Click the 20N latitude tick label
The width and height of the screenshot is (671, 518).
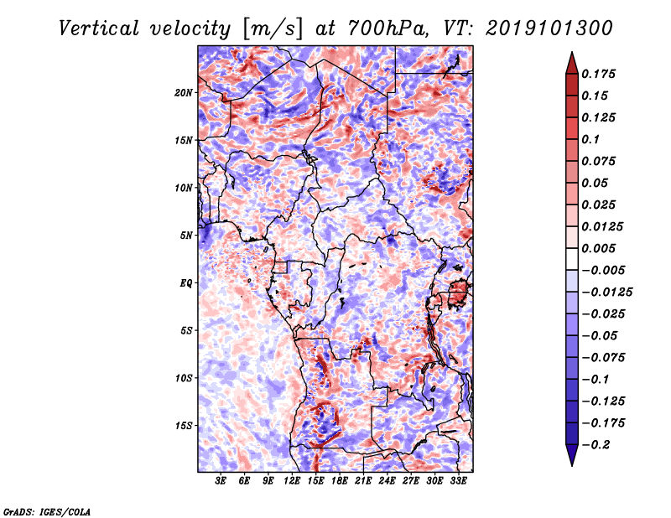184,93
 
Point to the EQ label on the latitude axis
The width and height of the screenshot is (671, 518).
186,283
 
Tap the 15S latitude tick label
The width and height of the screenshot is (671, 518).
184,426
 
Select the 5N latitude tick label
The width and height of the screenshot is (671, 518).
186,236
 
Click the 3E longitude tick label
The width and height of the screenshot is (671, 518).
221,481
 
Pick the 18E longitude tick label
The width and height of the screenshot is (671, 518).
339,481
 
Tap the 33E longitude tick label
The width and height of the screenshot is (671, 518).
458,481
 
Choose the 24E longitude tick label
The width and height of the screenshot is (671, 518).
387,481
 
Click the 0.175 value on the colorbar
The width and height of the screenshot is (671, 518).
598,74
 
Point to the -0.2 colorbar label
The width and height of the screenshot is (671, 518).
596,445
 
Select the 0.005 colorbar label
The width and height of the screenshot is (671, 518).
598,248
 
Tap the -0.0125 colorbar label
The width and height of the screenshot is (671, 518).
606,293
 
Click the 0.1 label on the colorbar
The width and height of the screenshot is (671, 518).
590,139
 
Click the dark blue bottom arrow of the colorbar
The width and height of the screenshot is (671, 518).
572,455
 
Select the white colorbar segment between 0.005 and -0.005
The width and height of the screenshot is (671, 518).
572,259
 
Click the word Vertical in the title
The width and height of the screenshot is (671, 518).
98,28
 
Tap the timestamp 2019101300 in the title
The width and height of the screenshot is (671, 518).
549,28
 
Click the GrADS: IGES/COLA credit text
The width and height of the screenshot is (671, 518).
47,511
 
